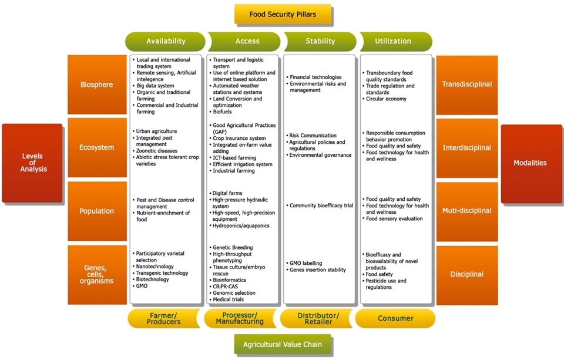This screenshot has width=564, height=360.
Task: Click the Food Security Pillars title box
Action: pyautogui.click(x=283, y=14)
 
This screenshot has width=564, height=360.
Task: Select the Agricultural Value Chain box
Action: pyautogui.click(x=283, y=344)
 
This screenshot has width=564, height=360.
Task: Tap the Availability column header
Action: pyautogui.click(x=166, y=41)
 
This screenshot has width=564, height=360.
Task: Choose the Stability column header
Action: pyautogui.click(x=320, y=41)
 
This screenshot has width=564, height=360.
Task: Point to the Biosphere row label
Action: pyautogui.click(x=97, y=85)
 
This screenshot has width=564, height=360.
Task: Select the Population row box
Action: pyautogui.click(x=97, y=211)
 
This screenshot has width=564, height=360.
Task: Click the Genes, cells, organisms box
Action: pyautogui.click(x=97, y=274)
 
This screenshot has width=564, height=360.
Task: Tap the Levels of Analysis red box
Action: pyautogui.click(x=32, y=163)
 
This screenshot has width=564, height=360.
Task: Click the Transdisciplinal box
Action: pyautogui.click(x=466, y=85)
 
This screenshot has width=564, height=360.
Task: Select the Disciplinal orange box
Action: pyautogui.click(x=466, y=274)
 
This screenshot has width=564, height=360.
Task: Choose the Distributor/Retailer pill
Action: pyautogui.click(x=317, y=318)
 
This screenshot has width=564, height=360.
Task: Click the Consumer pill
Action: pyautogui.click(x=395, y=318)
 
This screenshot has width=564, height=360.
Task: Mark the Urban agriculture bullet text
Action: pyautogui.click(x=156, y=131)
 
